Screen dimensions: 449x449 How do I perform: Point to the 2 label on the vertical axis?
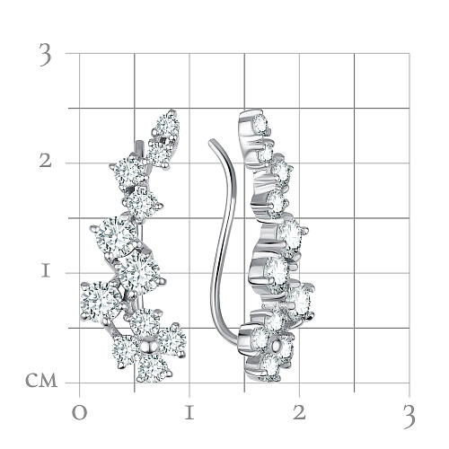click(x=46, y=162)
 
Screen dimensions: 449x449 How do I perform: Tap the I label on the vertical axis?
click(x=46, y=271)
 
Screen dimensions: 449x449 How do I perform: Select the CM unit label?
click(x=41, y=381)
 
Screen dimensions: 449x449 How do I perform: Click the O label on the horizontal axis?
click(x=80, y=413)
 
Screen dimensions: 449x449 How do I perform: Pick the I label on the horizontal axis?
click(x=189, y=413)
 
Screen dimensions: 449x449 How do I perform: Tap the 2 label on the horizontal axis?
click(x=299, y=413)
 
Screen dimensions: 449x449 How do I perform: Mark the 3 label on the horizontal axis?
click(x=409, y=416)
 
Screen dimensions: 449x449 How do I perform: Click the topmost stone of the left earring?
click(x=168, y=125)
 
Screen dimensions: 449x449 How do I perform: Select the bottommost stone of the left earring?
click(x=153, y=368)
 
